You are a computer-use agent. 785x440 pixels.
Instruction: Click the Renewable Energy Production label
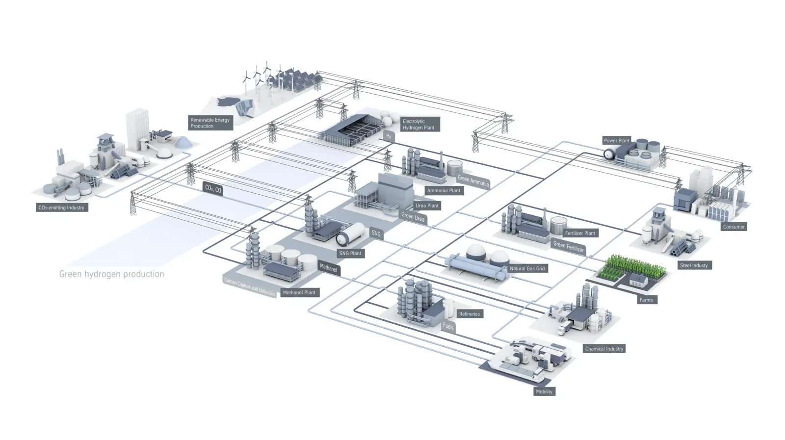pyautogui.click(x=210, y=123)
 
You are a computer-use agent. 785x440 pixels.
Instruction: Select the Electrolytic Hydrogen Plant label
pyautogui.click(x=419, y=124)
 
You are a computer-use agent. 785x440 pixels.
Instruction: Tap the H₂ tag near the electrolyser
pyautogui.click(x=389, y=136)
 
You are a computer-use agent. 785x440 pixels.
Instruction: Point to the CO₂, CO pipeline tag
pyautogui.click(x=213, y=189)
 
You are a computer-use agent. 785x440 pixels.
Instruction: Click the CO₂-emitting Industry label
pyautogui.click(x=61, y=207)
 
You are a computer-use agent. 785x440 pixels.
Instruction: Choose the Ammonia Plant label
pyautogui.click(x=444, y=190)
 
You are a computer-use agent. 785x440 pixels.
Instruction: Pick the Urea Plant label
pyautogui.click(x=427, y=206)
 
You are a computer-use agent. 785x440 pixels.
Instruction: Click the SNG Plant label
pyautogui.click(x=350, y=253)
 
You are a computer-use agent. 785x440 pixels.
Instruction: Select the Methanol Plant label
pyautogui.click(x=299, y=292)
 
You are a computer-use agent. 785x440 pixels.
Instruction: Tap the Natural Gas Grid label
pyautogui.click(x=527, y=268)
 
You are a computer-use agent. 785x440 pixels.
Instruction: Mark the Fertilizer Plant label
pyautogui.click(x=580, y=233)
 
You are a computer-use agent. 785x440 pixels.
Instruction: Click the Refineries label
pyautogui.click(x=470, y=314)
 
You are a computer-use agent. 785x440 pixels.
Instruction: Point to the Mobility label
pyautogui.click(x=544, y=391)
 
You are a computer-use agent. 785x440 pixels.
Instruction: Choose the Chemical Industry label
pyautogui.click(x=604, y=349)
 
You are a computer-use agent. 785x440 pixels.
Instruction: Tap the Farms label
pyautogui.click(x=646, y=300)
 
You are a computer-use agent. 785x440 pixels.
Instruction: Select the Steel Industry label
pyautogui.click(x=694, y=265)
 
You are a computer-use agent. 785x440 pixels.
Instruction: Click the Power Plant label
pyautogui.click(x=616, y=140)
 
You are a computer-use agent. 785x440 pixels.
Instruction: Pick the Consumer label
pyautogui.click(x=733, y=227)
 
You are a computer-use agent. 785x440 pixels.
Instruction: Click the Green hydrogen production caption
pyautogui.click(x=111, y=274)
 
